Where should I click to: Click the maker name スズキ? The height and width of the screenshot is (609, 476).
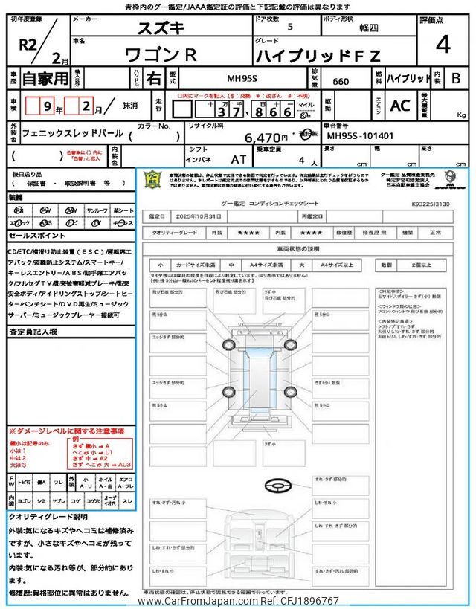[159, 29]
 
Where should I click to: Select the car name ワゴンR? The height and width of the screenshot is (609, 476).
[159, 54]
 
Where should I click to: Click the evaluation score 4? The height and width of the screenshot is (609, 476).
[443, 45]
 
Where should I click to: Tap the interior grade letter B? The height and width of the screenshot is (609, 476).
[456, 77]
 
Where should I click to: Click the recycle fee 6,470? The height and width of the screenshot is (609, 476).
[263, 137]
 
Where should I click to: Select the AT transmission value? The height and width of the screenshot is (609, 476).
[239, 159]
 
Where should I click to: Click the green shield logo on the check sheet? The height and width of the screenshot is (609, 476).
[152, 179]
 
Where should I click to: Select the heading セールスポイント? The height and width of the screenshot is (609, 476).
[38, 235]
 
